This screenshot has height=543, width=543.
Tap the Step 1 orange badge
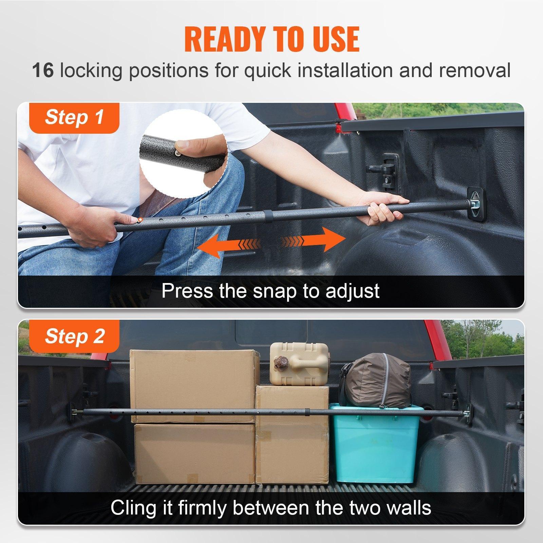(x=74, y=117)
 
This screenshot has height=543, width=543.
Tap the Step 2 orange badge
(x=74, y=336)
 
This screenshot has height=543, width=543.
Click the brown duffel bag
(x=377, y=380)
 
